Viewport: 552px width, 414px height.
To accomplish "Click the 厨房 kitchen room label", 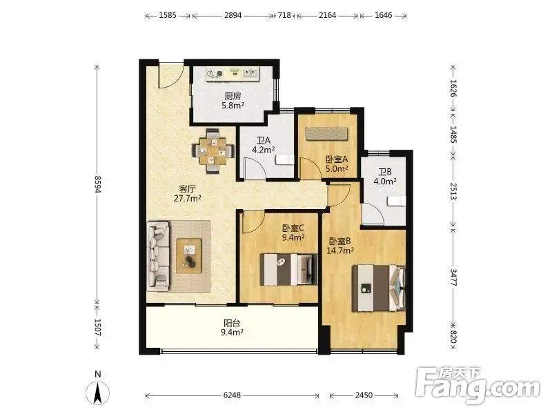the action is pos(233,96).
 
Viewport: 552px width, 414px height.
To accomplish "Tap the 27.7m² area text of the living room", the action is pos(187,199).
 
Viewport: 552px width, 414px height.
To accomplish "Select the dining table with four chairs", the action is pos(213,151).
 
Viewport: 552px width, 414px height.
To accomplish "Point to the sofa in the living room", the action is pos(159,256).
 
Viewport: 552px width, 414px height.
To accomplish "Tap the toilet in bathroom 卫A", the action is pos(285,159).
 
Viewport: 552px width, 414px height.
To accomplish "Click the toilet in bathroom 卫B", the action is pos(396,201).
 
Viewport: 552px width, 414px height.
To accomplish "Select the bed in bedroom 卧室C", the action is pos(288,269).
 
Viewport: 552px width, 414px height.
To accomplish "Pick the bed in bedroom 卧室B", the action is pos(379,288).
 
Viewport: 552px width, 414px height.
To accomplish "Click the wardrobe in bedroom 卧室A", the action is pos(326,133).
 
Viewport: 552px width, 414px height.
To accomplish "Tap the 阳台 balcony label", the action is pos(233,323).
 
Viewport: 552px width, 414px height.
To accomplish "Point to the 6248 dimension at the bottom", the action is pos(233,395).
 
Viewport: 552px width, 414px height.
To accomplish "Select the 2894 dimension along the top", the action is pos(233,15).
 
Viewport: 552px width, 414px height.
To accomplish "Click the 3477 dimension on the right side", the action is pos(453,277).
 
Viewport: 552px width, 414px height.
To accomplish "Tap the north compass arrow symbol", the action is pos(98,392).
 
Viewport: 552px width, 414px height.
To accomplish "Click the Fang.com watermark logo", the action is pos(477,386).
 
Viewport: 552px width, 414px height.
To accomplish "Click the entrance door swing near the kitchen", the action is pos(170,75).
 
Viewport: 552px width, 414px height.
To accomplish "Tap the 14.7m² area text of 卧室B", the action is pos(340,250).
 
